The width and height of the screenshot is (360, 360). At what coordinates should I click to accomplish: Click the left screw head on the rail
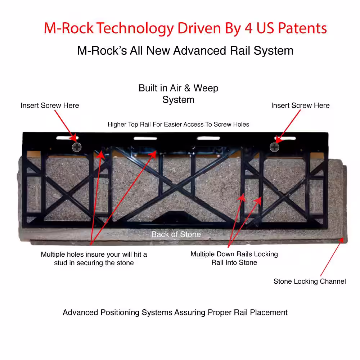[77, 147]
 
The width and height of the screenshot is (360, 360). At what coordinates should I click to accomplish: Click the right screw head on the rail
[274, 147]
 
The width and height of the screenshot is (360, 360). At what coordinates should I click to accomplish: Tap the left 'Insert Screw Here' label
[50, 105]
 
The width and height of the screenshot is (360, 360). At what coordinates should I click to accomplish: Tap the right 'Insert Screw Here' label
[300, 105]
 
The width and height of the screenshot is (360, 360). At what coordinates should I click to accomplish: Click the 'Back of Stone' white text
[176, 234]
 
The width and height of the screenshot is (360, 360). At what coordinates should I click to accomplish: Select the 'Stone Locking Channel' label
[310, 281]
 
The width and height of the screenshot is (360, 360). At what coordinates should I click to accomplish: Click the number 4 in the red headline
[248, 28]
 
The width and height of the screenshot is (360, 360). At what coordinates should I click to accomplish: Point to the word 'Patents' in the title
[302, 28]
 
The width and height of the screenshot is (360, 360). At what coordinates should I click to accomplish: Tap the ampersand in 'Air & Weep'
[187, 88]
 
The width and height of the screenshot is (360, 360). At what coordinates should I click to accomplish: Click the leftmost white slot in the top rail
[67, 138]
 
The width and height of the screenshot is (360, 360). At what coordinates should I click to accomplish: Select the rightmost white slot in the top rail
[285, 138]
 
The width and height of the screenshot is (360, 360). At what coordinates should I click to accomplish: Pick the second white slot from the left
[145, 138]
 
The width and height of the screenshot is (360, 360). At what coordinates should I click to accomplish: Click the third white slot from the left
[208, 138]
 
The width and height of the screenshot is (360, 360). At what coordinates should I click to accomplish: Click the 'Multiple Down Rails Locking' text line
[234, 254]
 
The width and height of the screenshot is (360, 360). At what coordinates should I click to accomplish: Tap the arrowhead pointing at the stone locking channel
[341, 240]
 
